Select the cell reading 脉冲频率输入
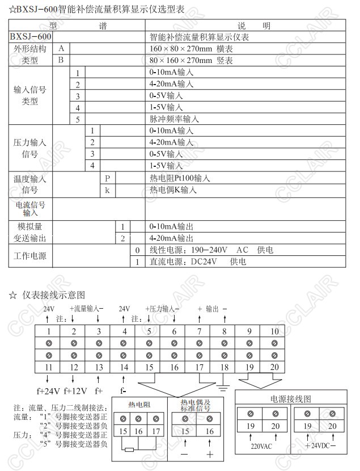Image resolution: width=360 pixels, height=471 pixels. tap(174, 119)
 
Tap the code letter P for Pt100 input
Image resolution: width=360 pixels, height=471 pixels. tap(107, 178)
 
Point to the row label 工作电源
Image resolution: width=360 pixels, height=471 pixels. tap(30, 256)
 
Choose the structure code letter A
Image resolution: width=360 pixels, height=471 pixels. tap(61, 49)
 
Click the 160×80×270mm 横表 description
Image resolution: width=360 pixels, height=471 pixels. tap(191, 49)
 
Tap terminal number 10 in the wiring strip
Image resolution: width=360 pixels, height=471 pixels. tap(274, 331)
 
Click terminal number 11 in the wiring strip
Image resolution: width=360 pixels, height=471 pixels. tap(49, 368)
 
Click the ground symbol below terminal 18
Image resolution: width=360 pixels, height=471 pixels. tap(225, 388)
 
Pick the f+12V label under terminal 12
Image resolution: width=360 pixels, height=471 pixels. tap(74, 391)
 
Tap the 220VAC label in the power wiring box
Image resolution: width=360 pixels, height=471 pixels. tap(261, 446)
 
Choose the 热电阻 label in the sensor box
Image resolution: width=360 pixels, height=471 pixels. tap(139, 405)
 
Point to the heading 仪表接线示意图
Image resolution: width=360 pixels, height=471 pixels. tap(54, 295)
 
